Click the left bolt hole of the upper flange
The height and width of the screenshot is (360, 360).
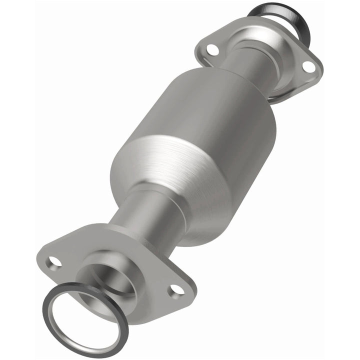click(212, 48)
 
